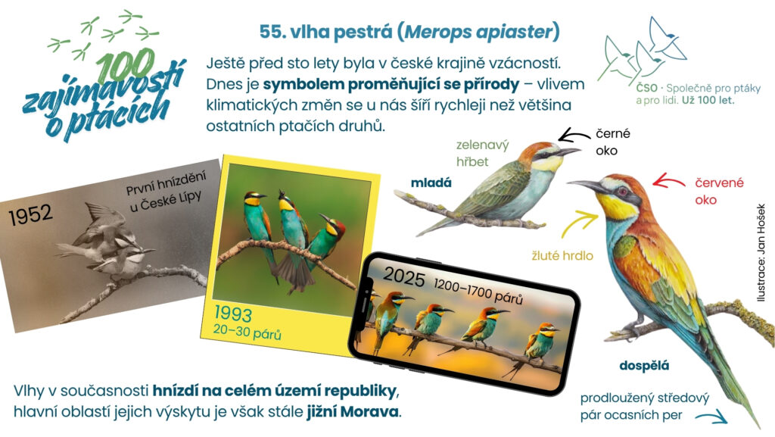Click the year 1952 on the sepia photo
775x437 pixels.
pos(30,215)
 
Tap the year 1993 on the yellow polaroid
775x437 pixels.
pos(233,314)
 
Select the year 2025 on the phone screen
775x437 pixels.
pos(404,277)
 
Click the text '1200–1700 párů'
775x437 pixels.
pos(478,291)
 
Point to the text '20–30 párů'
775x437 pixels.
pos(247,332)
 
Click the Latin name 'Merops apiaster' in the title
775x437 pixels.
pos(478,32)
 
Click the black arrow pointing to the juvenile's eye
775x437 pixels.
pos(574,135)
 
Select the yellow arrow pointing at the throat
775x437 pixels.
pos(579,223)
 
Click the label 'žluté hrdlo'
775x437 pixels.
pos(562,255)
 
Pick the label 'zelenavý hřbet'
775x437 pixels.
pos(482,153)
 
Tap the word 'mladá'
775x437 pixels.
pos(431,183)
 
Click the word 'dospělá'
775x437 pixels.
pos(644,366)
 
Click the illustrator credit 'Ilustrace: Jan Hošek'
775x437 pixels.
pos(761,253)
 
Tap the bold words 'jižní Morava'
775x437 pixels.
pos(353,411)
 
